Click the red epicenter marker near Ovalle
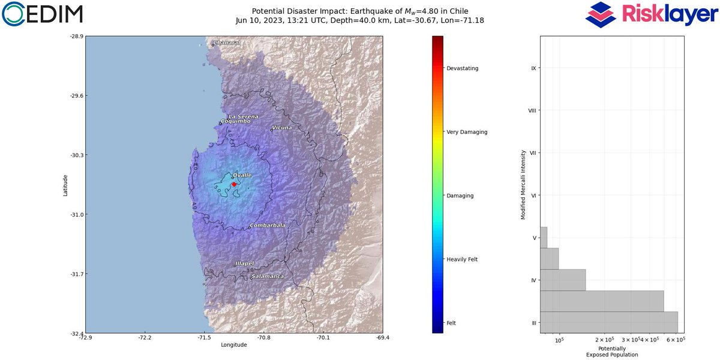[x=234, y=184]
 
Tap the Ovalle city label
[x=242, y=175]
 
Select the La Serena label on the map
[x=244, y=116]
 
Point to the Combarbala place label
[x=268, y=226]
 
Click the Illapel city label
[x=244, y=263]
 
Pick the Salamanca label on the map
[x=268, y=276]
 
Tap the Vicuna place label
[x=282, y=128]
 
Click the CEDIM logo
[x=42, y=14]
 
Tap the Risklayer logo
[x=651, y=14]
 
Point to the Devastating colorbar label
[x=462, y=68]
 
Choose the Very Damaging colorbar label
[x=467, y=132]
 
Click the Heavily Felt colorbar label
[x=462, y=259]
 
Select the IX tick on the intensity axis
[x=533, y=68]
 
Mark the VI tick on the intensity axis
[x=533, y=196]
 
